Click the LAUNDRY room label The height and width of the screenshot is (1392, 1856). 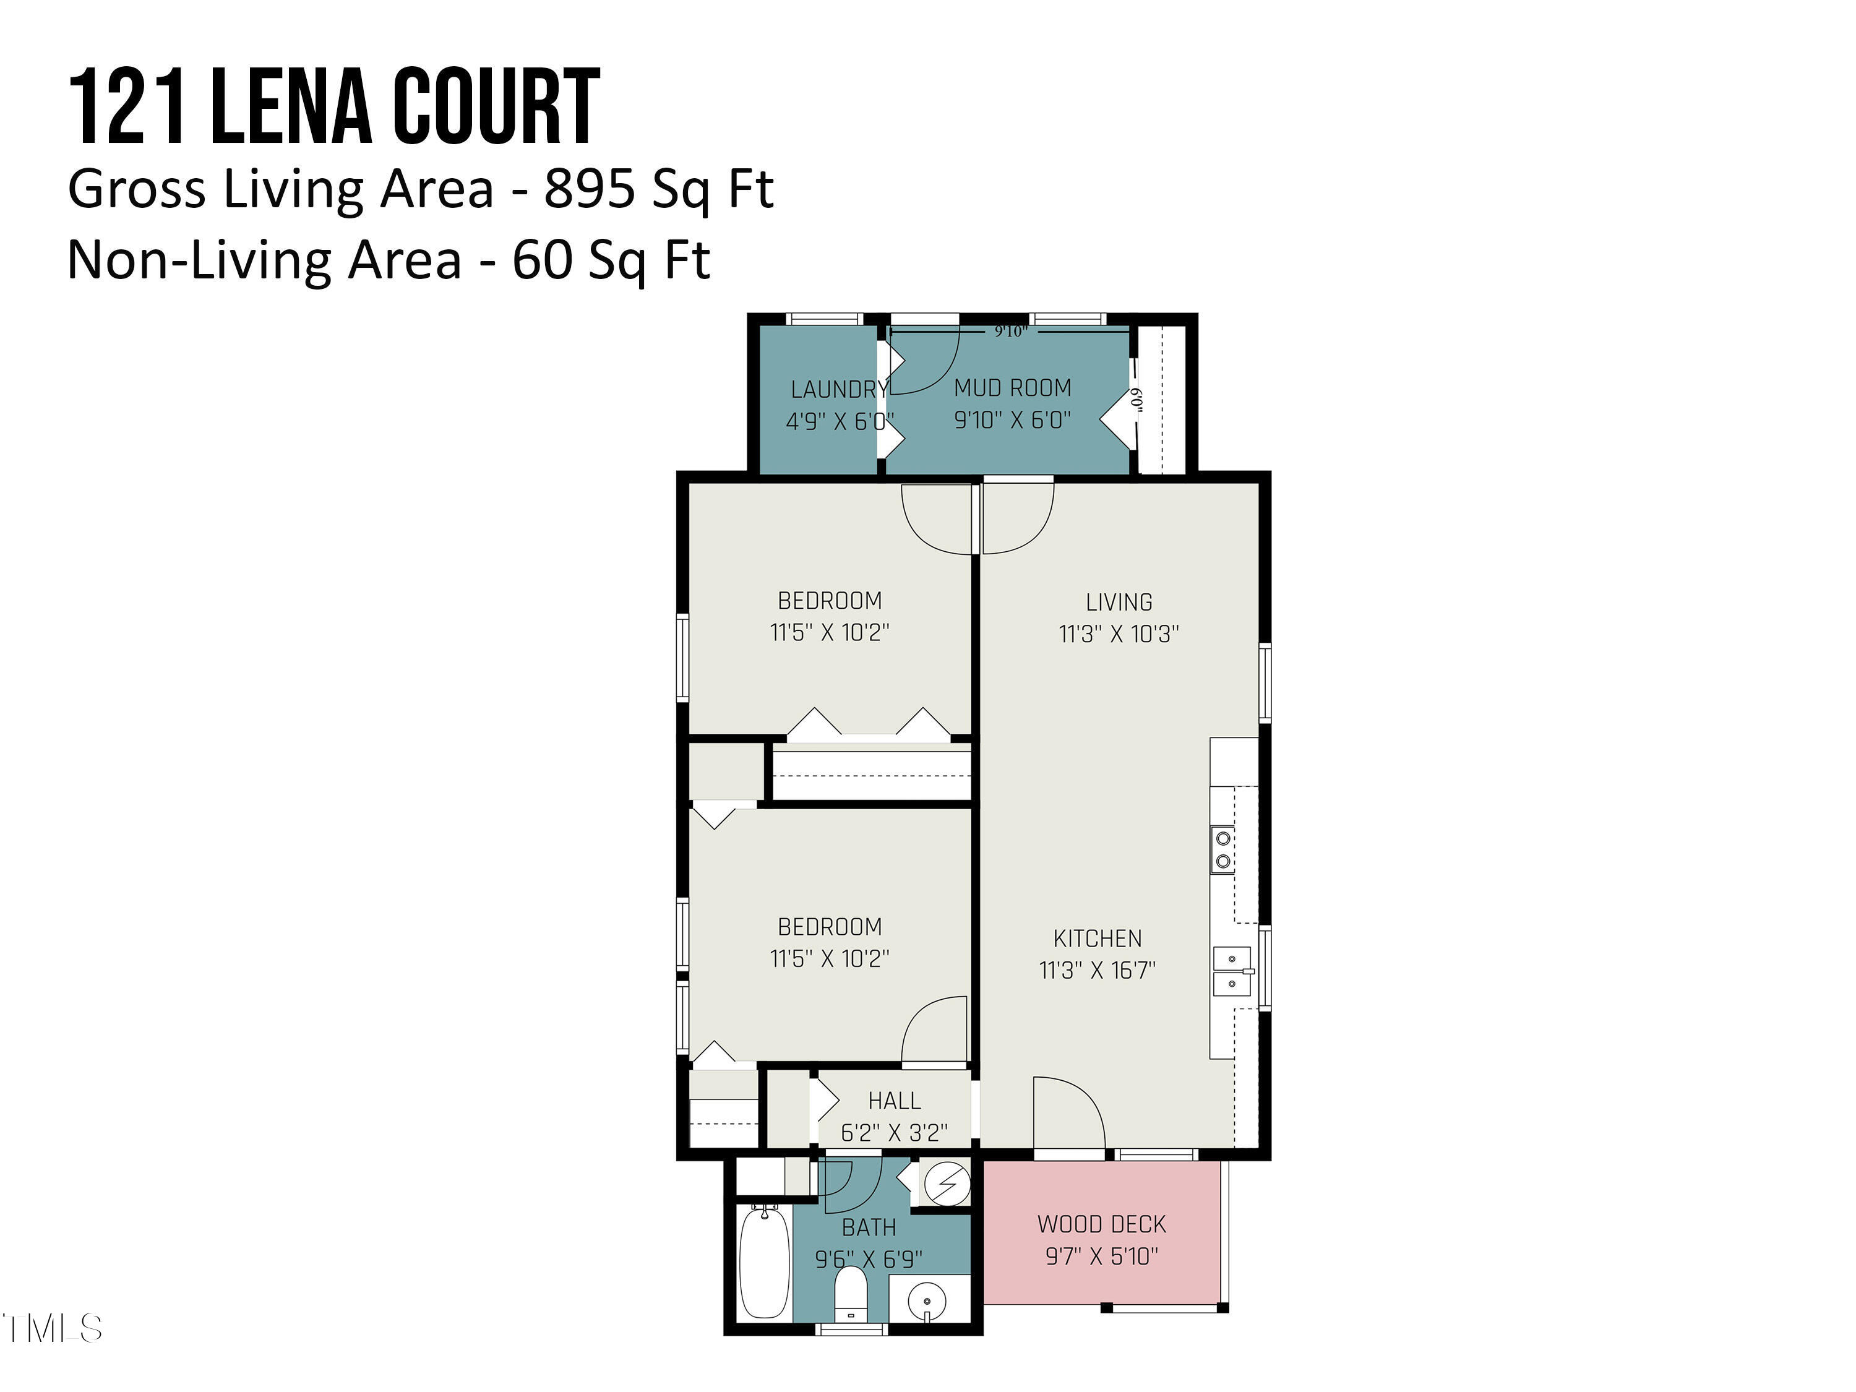click(x=839, y=389)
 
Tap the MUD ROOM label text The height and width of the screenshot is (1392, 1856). click(x=1013, y=388)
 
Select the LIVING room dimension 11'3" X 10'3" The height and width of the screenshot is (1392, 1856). click(x=1119, y=634)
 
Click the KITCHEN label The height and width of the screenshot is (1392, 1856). click(x=1098, y=938)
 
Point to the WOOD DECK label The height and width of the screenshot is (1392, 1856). click(x=1101, y=1224)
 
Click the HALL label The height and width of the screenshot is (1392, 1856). click(x=895, y=1101)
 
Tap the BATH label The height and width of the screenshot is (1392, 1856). click(x=869, y=1227)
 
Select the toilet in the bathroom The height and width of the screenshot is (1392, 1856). click(x=851, y=1294)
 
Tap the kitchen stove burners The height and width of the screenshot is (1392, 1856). click(x=1223, y=849)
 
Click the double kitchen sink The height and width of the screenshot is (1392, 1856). click(x=1232, y=971)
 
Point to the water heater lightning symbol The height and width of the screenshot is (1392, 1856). click(x=947, y=1185)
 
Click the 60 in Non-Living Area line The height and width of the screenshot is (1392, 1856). click(x=542, y=259)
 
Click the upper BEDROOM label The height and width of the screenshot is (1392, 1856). click(x=830, y=601)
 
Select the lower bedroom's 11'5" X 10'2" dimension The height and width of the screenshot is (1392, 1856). click(x=830, y=959)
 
